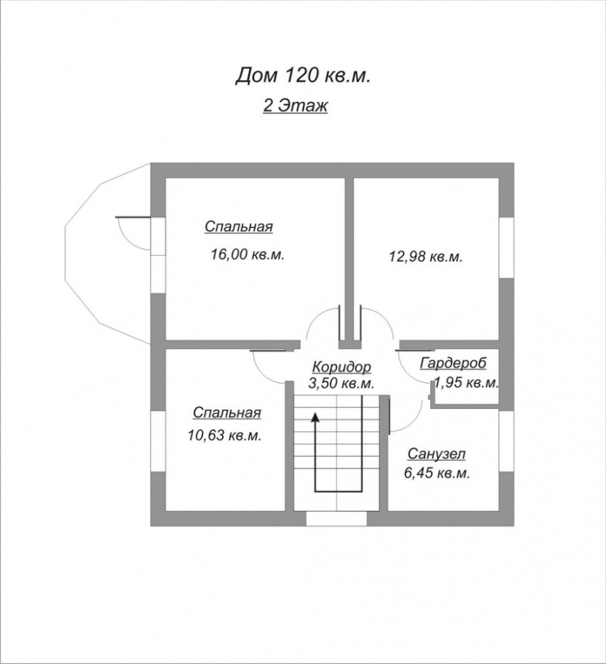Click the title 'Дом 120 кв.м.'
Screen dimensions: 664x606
302,76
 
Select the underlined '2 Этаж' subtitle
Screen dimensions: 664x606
295,106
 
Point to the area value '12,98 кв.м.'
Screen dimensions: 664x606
426,256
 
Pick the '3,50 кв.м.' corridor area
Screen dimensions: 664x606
341,384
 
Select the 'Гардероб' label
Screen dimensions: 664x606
454,363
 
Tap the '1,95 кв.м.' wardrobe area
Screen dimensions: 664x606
467,383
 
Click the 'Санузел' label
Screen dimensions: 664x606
436,454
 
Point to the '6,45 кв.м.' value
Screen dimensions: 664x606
437,474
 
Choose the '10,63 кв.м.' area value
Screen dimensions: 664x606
224,436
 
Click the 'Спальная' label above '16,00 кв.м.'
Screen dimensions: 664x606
238,227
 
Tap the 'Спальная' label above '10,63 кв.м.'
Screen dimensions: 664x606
226,413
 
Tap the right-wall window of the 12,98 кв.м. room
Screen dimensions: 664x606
507,246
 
